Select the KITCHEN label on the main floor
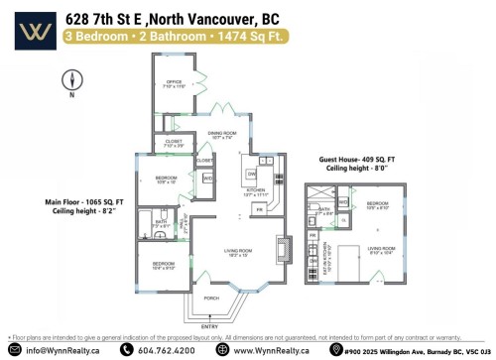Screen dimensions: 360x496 pos(256,192)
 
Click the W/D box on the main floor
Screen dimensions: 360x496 pos(208,178)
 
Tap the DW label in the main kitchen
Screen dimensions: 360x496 pos(252,173)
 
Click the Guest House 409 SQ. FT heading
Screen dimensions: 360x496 pos(356,159)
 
